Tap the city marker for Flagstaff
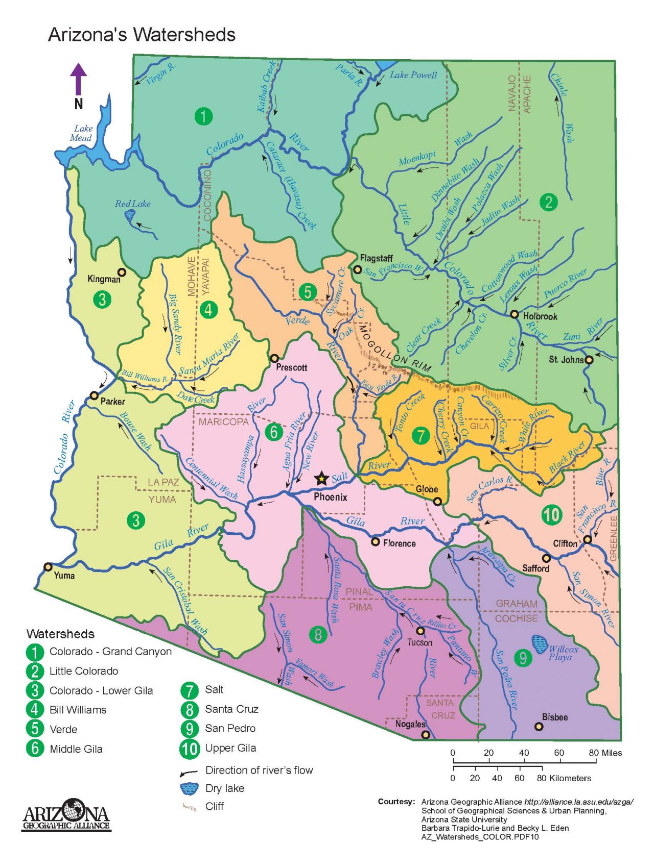click(x=358, y=269)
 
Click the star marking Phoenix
click(x=321, y=479)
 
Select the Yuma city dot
click(x=48, y=566)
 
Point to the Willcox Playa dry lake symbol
click(x=539, y=644)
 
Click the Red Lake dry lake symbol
click(x=130, y=216)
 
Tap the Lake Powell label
click(x=413, y=75)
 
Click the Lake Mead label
click(x=82, y=133)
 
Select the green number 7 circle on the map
click(x=421, y=435)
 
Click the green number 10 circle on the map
click(x=551, y=514)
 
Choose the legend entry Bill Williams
click(x=78, y=710)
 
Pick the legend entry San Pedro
click(x=230, y=728)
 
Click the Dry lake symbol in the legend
click(x=189, y=788)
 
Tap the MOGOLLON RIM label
click(x=394, y=349)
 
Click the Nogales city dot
click(x=425, y=734)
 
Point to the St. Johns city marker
click(x=589, y=360)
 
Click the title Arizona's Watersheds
click(x=142, y=35)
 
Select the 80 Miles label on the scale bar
click(x=604, y=753)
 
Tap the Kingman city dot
click(x=122, y=272)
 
